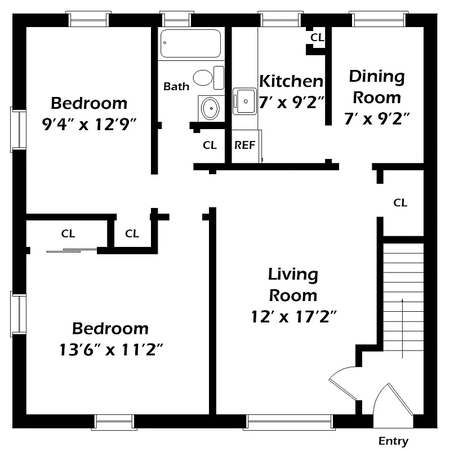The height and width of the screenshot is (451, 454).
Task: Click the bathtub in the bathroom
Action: (190, 43)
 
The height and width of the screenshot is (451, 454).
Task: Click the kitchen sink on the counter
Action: (244, 101)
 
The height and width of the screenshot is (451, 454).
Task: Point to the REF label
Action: (244, 145)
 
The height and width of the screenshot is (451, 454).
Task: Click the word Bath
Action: (176, 86)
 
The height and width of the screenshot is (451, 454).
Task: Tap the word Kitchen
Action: (291, 81)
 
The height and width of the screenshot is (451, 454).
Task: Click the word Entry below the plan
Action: (393, 441)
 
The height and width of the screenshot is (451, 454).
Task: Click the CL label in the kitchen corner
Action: (317, 38)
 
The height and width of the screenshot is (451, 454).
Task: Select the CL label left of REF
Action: (210, 145)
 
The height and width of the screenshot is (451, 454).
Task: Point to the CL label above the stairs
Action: (400, 202)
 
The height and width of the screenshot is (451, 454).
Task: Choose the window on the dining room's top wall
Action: (377, 19)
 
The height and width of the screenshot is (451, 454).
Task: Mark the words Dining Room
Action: (376, 87)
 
